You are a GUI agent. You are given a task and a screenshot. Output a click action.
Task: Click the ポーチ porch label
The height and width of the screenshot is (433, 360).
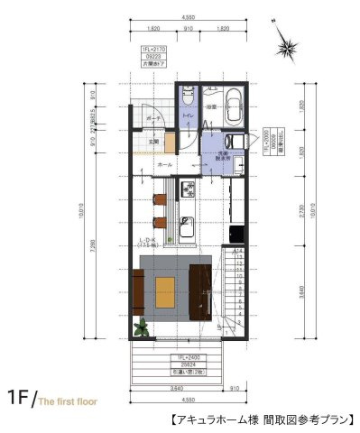click(x=154, y=118)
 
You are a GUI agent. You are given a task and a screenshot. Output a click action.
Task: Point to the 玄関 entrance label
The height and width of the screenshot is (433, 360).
click(x=154, y=140)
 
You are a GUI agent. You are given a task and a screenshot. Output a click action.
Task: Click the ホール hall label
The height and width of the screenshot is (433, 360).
click(x=165, y=166)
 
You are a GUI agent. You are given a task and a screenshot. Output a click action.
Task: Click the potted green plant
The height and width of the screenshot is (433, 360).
click(x=140, y=327)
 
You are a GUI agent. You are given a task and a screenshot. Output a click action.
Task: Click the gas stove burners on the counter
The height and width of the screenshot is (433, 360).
click(x=188, y=189)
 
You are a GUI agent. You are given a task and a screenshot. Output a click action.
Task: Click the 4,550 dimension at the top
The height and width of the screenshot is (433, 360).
click(x=188, y=17)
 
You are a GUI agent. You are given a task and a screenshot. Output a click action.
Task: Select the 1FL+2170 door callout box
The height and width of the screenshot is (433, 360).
click(x=152, y=56)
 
